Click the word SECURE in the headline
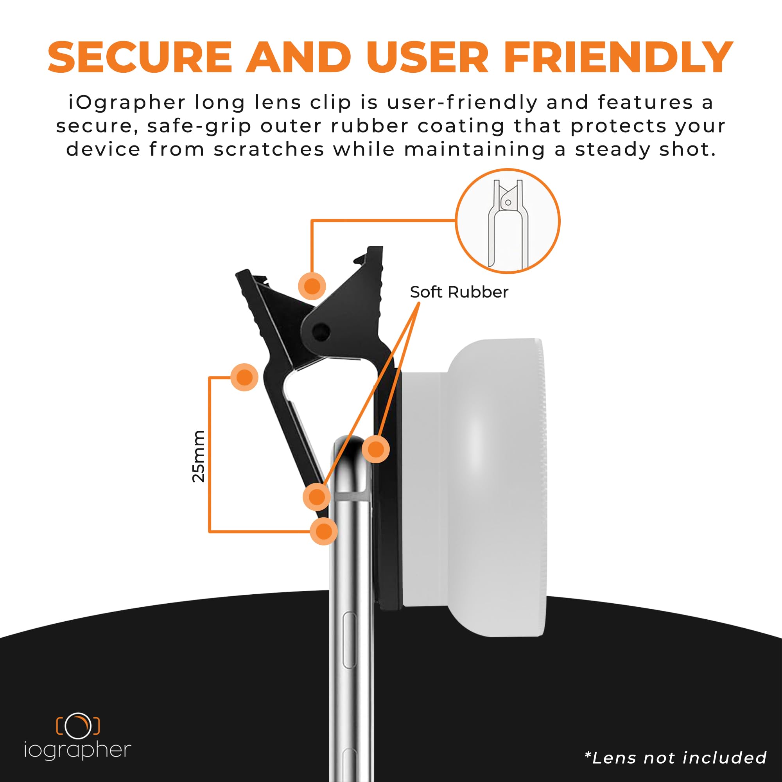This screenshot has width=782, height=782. point(140,57)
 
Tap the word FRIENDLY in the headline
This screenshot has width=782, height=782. point(619,57)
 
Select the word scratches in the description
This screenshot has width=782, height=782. point(269,149)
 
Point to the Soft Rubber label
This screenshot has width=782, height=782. point(459,292)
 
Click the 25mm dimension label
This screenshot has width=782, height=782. point(198,456)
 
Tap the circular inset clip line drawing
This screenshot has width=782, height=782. point(508,221)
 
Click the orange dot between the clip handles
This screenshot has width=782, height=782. point(312,286)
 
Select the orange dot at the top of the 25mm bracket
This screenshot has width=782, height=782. point(244,377)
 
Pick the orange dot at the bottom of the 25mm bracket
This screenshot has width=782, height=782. point(324,531)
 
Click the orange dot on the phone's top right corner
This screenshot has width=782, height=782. point(376,449)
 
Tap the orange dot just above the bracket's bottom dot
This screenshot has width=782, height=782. point(317,497)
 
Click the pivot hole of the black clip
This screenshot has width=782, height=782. point(321,332)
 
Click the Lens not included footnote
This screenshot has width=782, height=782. point(676,757)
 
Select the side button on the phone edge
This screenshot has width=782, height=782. point(349,640)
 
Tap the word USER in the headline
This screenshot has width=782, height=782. point(427,57)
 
